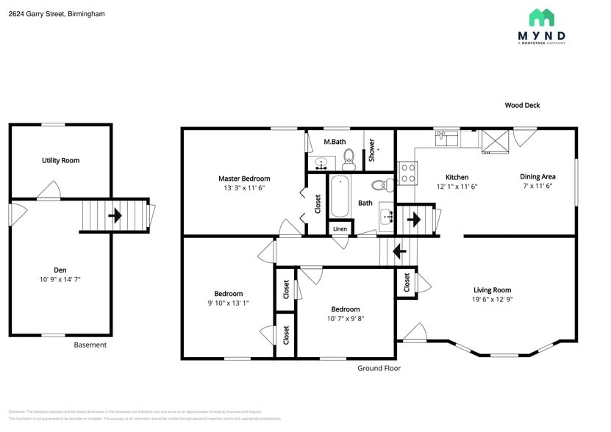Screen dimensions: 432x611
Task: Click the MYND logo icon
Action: click(x=541, y=18)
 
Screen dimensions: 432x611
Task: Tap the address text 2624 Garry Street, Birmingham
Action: click(x=57, y=13)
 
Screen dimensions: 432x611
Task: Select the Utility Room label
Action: click(x=60, y=160)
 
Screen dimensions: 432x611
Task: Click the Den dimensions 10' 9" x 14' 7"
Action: click(x=60, y=280)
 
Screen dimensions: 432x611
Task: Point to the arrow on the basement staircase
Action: click(x=115, y=216)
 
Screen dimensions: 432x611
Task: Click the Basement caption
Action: click(x=90, y=345)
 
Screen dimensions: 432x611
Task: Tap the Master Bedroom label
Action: click(x=244, y=179)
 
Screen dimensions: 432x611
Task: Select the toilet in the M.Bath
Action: click(x=349, y=156)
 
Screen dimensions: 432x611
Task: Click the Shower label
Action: click(x=371, y=150)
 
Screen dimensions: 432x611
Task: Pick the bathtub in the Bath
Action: click(x=340, y=197)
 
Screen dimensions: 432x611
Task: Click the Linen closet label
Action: click(x=340, y=229)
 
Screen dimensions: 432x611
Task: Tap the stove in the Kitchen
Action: click(x=407, y=173)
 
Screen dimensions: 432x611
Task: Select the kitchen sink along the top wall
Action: click(x=446, y=137)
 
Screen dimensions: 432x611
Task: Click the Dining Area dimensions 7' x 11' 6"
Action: click(x=537, y=186)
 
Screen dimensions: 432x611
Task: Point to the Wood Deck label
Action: click(x=522, y=105)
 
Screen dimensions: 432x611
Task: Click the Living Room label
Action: click(x=492, y=289)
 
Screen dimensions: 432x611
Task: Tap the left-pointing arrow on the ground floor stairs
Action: click(x=400, y=252)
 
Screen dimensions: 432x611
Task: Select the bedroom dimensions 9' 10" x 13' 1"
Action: click(x=229, y=303)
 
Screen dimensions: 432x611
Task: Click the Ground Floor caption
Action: click(x=379, y=368)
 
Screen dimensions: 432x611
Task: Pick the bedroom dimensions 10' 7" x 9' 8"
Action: click(x=345, y=318)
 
